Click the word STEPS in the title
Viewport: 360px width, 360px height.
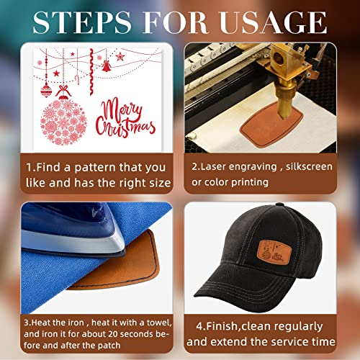click(x=82, y=22)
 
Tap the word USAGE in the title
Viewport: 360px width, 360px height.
click(x=274, y=22)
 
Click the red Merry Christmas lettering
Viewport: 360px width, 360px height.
click(x=125, y=118)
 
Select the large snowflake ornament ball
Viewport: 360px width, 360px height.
click(x=63, y=122)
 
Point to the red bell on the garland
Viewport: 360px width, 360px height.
click(x=106, y=66)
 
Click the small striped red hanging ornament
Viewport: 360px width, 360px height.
click(x=46, y=90)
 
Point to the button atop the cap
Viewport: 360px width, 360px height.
click(x=279, y=204)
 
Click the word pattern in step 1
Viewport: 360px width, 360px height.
click(x=95, y=168)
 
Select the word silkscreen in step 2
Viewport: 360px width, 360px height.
click(x=309, y=166)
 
